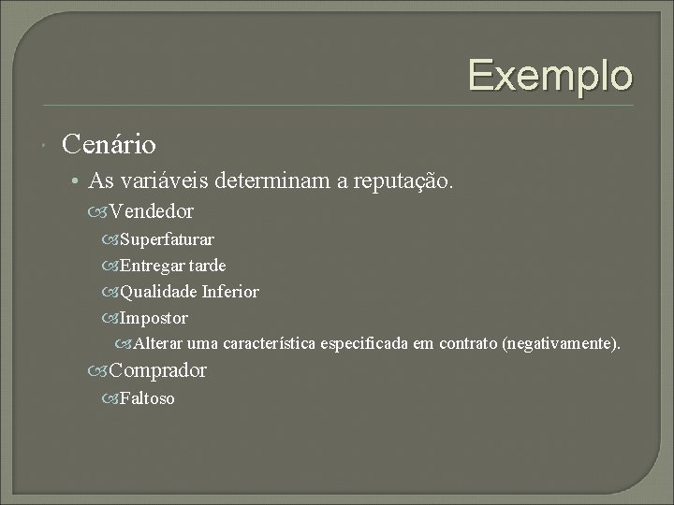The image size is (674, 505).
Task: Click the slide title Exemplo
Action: click(550, 75)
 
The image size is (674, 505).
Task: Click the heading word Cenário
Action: click(109, 145)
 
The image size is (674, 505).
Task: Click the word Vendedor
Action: click(152, 212)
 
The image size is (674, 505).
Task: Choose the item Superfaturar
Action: click(167, 239)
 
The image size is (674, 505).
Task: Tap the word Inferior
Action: click(230, 292)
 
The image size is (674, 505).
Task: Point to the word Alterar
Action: click(161, 344)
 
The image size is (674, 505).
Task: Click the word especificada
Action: click(364, 344)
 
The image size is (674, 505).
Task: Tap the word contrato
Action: click(467, 344)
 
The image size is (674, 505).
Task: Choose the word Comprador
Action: click(158, 371)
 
